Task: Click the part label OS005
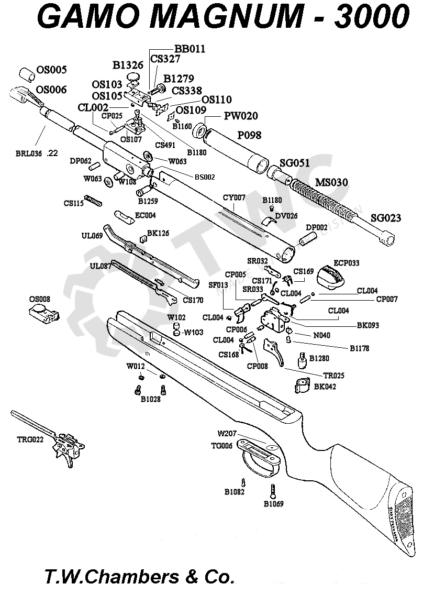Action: click(51, 70)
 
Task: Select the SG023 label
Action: click(386, 217)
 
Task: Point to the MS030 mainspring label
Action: click(331, 182)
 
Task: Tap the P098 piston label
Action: click(249, 135)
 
